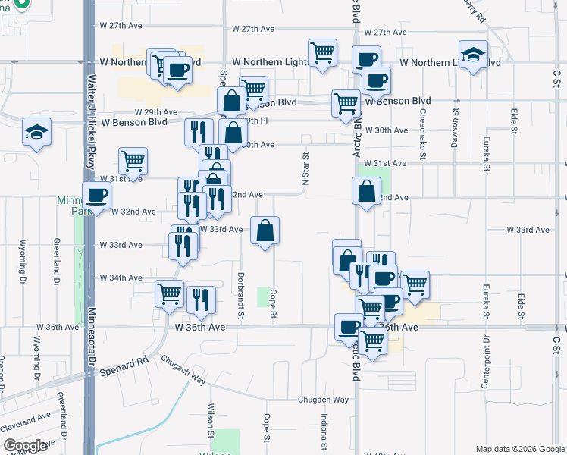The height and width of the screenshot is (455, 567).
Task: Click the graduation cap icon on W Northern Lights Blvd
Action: point(474,55)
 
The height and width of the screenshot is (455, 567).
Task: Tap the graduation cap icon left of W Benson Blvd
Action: point(36,133)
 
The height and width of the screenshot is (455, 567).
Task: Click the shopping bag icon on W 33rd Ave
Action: point(265,231)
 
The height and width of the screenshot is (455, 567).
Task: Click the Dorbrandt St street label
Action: point(242,295)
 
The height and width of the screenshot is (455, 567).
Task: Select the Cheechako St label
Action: point(421,121)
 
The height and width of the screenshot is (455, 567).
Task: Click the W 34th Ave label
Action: point(121,278)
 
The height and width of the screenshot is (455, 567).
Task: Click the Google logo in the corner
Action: point(26,446)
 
